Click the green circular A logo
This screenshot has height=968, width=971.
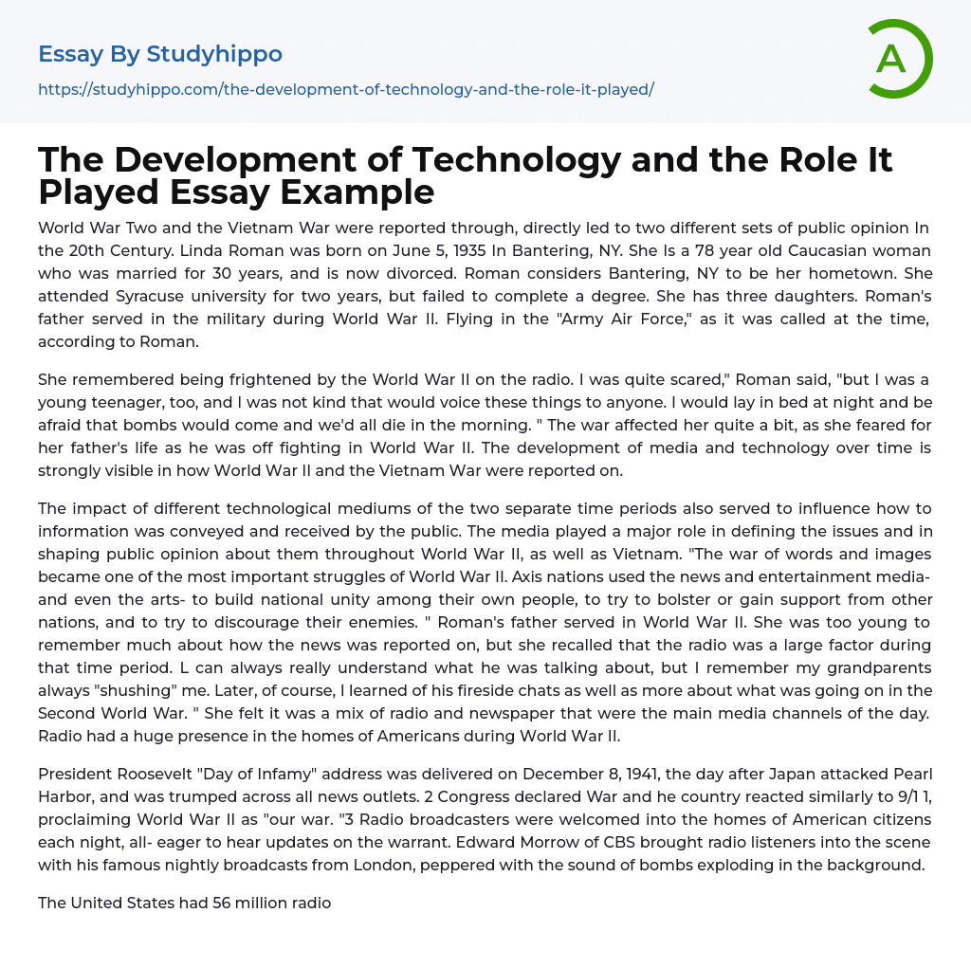click(898, 59)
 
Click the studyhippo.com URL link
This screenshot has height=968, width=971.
click(346, 89)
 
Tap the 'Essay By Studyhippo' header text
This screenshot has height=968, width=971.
click(160, 54)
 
